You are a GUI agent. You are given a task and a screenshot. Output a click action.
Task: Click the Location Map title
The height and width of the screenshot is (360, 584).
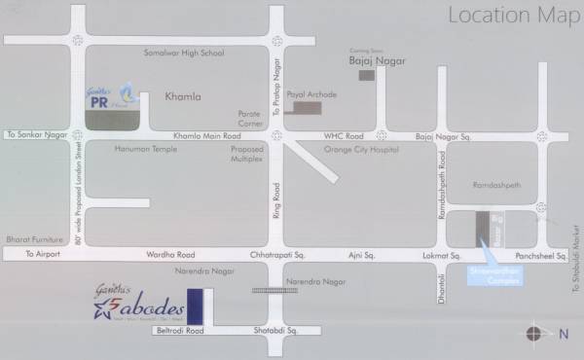point(506,16)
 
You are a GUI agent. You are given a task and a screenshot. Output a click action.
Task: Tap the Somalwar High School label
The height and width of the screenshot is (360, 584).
point(183,53)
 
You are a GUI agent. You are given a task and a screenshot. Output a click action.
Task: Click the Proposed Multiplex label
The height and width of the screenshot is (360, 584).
point(246,154)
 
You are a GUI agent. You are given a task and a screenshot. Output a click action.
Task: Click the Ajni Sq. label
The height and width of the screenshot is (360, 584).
point(362,254)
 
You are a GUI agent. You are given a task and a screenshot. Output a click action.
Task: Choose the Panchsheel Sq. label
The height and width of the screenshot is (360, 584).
point(526,254)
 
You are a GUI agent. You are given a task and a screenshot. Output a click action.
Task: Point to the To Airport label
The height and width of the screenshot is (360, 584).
point(42,254)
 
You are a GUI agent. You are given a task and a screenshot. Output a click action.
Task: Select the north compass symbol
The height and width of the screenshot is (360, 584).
point(535,334)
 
